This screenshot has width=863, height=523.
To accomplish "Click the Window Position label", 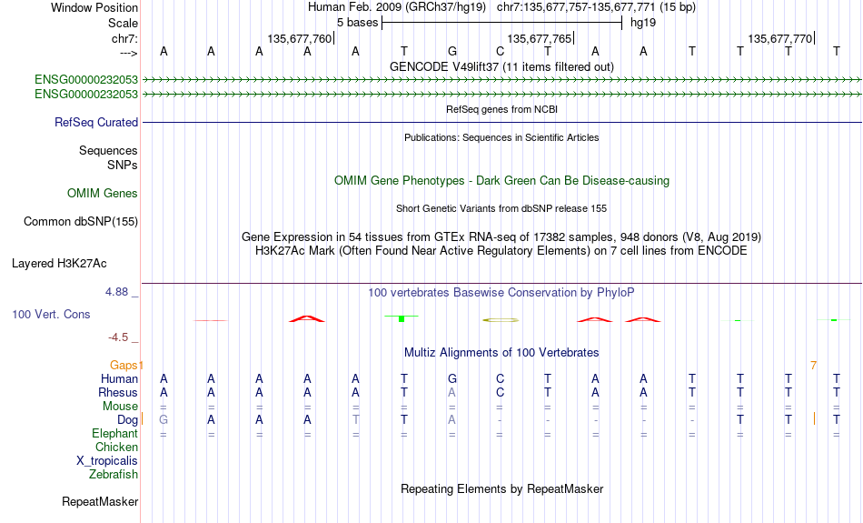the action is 94,7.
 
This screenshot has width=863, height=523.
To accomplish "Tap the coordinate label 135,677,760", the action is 300,38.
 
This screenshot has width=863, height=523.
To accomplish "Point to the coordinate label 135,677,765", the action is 540,38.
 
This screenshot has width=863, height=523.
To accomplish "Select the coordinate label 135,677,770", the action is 779,38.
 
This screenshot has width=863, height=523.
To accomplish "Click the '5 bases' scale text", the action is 358,23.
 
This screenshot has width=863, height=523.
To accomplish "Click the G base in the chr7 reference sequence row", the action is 451,51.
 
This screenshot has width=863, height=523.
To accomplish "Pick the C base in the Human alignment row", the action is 500,378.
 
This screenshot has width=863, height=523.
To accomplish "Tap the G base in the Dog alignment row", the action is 164,420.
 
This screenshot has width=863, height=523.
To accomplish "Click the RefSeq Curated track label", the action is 96,123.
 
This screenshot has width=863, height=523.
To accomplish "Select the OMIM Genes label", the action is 103,194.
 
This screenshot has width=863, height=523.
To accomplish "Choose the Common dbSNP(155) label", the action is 81,222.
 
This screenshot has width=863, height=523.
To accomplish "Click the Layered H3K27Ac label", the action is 59,264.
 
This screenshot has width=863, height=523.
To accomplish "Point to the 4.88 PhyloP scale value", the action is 116,292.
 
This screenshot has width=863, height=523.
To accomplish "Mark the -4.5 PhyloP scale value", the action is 118,337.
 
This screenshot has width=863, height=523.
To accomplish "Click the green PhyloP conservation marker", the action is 402,318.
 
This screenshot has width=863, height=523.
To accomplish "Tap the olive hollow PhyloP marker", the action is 501,319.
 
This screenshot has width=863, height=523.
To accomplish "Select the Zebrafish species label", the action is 114,475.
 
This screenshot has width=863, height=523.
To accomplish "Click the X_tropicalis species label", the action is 107,461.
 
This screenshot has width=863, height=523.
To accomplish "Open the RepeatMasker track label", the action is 100,501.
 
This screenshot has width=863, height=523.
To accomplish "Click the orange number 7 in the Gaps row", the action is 813,366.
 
